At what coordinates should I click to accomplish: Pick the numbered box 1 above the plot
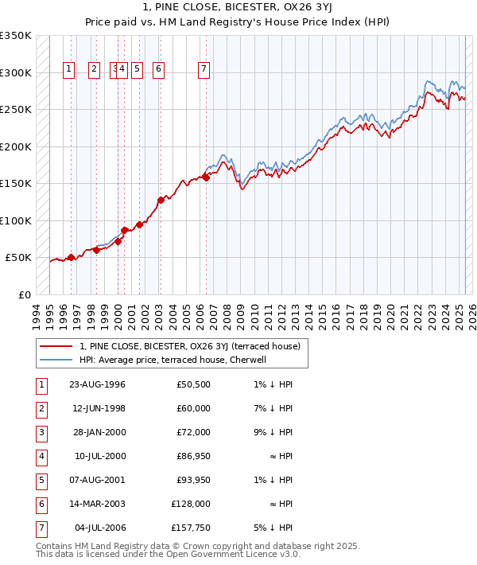(x=69, y=70)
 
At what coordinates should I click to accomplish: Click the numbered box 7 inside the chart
(x=204, y=70)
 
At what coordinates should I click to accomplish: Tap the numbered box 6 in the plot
(x=159, y=70)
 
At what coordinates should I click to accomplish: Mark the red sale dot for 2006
(x=206, y=177)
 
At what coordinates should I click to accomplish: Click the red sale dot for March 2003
(x=161, y=200)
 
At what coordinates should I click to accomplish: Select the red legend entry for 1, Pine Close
(x=189, y=346)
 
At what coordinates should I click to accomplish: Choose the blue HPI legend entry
(x=176, y=360)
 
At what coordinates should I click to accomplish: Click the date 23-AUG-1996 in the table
(x=98, y=385)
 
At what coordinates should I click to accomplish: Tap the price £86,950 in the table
(x=193, y=456)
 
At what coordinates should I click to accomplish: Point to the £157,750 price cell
(x=192, y=528)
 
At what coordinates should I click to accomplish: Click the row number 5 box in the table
(x=41, y=480)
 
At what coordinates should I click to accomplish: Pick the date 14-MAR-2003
(x=98, y=504)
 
